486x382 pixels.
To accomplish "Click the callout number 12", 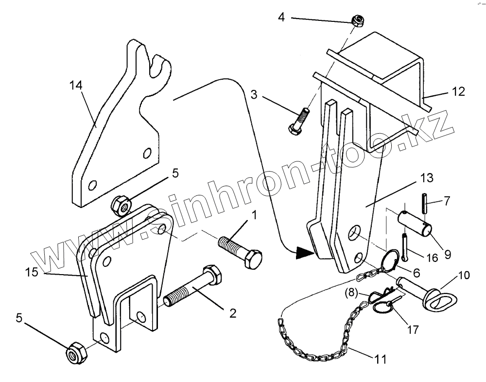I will pos(458,91).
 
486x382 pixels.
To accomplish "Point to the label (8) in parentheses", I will pos(351,294).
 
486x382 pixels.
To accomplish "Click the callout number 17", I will pos(413,330).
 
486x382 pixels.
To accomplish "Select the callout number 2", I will pos(233,313).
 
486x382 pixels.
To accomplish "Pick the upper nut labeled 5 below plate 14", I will pos(121,206).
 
